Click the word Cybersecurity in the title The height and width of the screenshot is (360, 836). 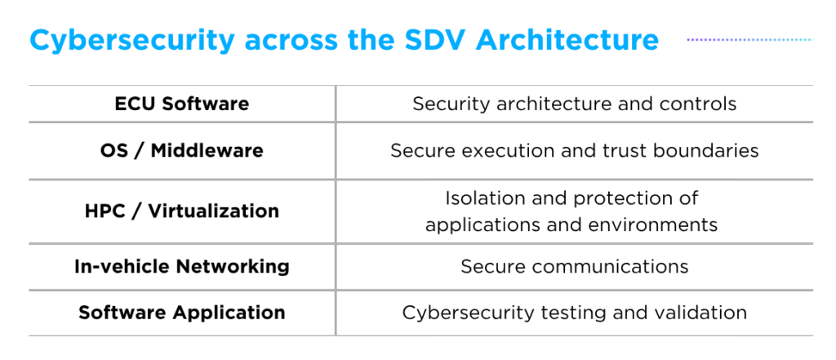coord(132,41)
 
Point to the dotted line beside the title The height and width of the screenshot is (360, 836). coord(750,39)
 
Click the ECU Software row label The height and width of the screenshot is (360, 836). coord(182,104)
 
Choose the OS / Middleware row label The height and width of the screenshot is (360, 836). coord(182,150)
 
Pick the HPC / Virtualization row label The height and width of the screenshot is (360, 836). coord(182,211)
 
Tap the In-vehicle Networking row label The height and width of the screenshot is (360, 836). coord(182,266)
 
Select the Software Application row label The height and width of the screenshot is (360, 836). coord(182,312)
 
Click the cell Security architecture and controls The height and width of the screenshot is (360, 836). coord(575,104)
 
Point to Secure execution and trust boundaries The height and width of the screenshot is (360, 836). coord(575,150)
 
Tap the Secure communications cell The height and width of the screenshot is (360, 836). coord(575,266)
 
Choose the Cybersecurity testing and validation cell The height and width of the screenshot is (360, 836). coord(575,312)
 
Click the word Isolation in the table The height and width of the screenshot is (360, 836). coord(480,198)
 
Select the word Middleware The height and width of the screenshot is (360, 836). coord(207,150)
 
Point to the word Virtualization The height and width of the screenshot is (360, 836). coord(213,211)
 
